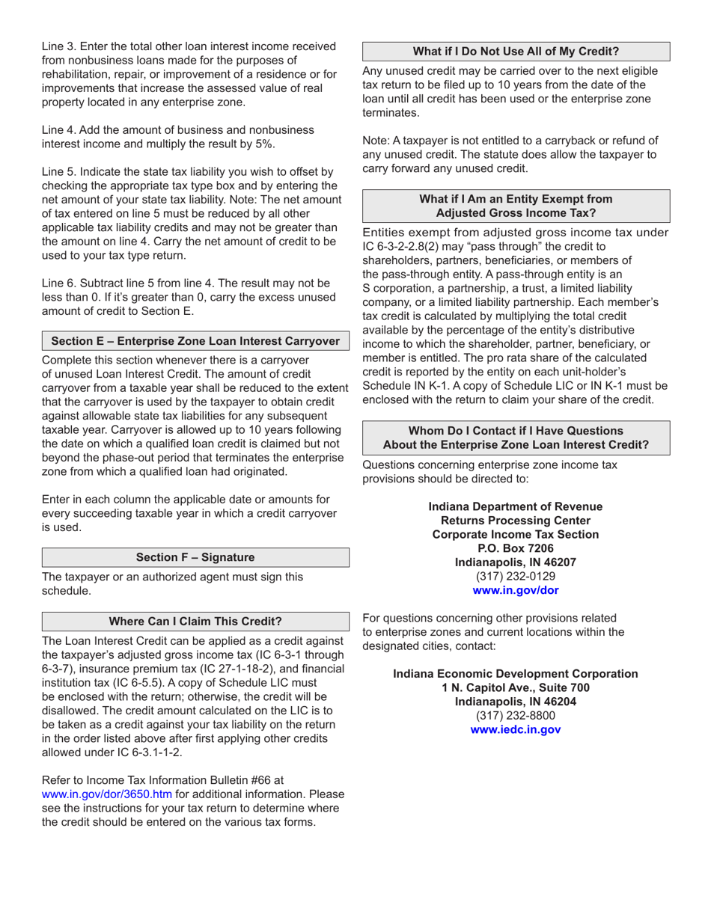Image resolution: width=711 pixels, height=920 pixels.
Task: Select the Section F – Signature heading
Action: tap(195, 557)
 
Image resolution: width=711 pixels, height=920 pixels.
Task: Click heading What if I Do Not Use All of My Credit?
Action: tap(516, 52)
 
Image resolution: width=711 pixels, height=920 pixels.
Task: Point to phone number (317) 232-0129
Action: tap(516, 576)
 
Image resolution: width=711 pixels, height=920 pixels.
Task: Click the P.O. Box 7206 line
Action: tap(516, 548)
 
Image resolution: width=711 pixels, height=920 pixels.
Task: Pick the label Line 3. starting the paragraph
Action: tap(59, 46)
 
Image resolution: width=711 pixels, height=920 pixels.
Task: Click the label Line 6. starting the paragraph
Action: tap(59, 283)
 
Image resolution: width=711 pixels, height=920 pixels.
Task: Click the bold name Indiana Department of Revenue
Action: tap(516, 506)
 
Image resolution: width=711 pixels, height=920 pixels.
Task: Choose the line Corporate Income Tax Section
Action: tap(516, 534)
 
